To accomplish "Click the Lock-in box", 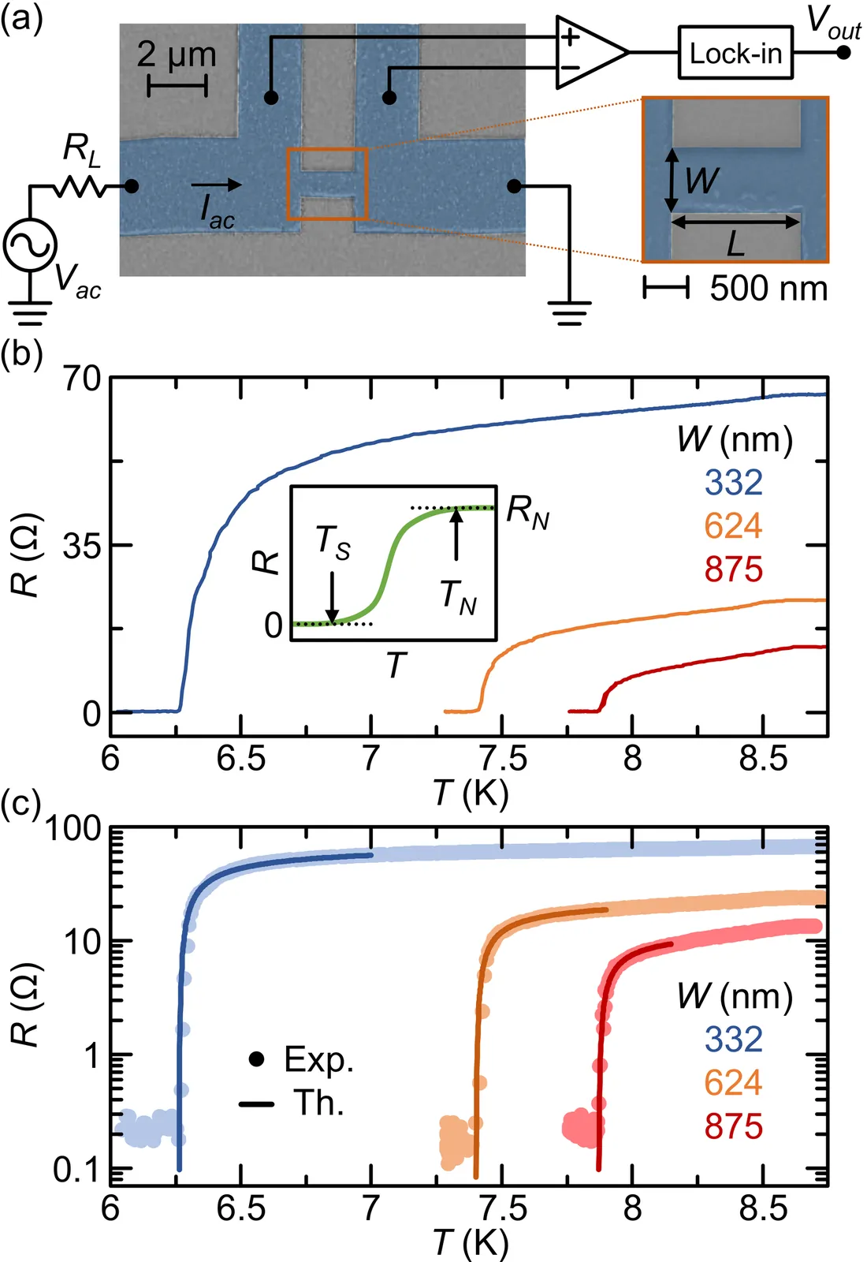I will click(735, 53).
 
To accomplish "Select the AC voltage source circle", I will click(30, 245).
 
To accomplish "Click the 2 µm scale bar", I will click(177, 85).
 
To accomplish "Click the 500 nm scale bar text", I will click(768, 289).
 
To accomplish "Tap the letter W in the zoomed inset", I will click(701, 181).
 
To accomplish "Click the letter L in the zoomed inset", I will click(735, 244).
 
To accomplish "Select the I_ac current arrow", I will click(216, 185).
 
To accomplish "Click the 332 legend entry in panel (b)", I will click(733, 483).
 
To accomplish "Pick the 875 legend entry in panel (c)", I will click(733, 1126).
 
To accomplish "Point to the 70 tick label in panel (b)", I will click(83, 379).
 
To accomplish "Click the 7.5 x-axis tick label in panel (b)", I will click(503, 759).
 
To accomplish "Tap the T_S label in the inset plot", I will click(333, 543).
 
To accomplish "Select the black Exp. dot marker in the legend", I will click(255, 1059).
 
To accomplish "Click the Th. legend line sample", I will click(256, 1103).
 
